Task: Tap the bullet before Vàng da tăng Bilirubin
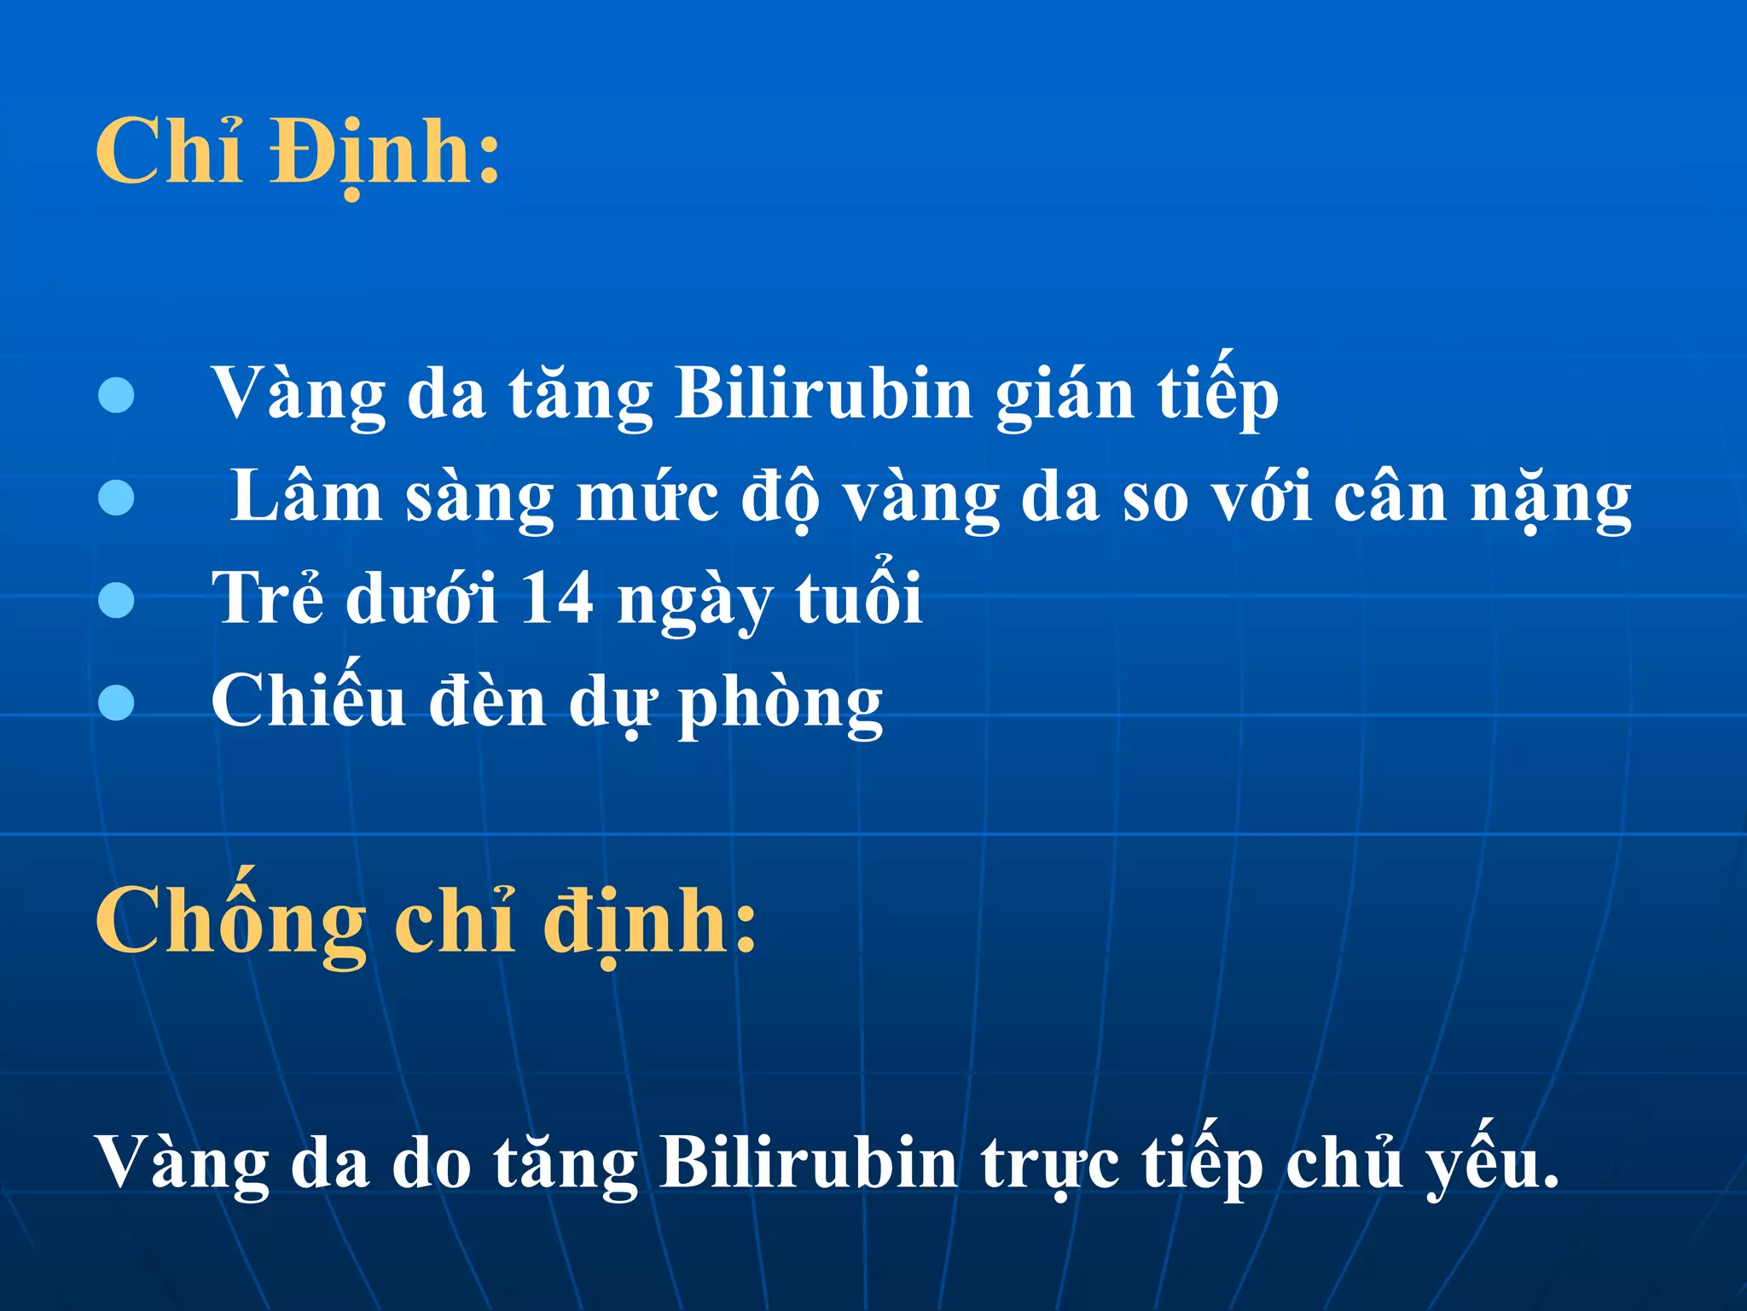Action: pyautogui.click(x=116, y=395)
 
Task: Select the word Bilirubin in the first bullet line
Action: pyautogui.click(x=823, y=394)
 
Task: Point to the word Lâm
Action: pyautogui.click(x=306, y=497)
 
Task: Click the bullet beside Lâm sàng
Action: pyautogui.click(x=116, y=498)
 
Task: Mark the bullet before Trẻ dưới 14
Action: pyautogui.click(x=116, y=599)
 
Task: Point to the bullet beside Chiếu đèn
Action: pyautogui.click(x=116, y=702)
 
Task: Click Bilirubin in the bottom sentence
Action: pyautogui.click(x=808, y=1162)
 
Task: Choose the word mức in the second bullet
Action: pyautogui.click(x=647, y=498)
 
